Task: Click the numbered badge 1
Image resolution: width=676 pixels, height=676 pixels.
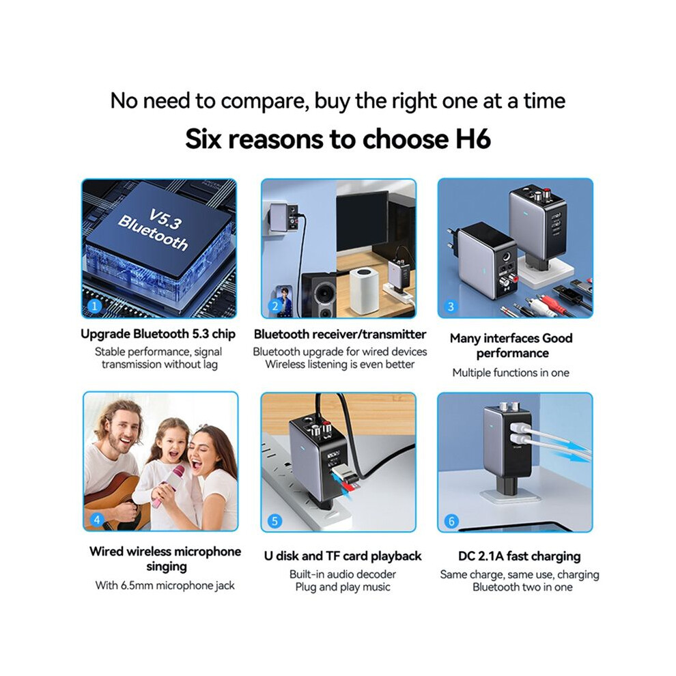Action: point(94,306)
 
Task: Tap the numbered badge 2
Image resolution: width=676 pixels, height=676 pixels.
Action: point(274,306)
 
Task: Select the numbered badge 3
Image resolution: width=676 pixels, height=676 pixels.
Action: point(451,307)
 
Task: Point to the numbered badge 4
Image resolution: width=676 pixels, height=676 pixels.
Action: point(97,520)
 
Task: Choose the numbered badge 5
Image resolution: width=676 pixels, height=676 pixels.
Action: point(274,521)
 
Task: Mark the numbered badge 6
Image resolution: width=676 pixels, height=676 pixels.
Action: point(451,521)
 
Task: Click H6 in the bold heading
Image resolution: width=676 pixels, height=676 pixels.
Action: point(473,139)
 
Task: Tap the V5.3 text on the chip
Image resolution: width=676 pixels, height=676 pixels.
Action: point(165,219)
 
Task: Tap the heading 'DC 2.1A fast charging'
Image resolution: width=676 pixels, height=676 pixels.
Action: point(519,556)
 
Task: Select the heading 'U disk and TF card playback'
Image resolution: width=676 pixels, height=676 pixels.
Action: point(343,556)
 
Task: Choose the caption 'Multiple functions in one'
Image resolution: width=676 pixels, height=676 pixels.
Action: point(511,373)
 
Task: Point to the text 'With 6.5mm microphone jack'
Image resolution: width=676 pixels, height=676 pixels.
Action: point(165,585)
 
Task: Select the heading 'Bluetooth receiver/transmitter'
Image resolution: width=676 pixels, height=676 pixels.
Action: point(340,334)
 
